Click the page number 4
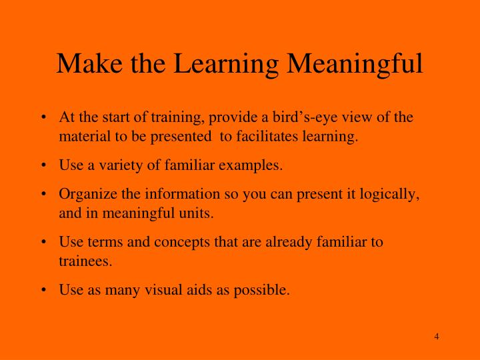(437, 336)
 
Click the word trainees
(85, 261)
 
